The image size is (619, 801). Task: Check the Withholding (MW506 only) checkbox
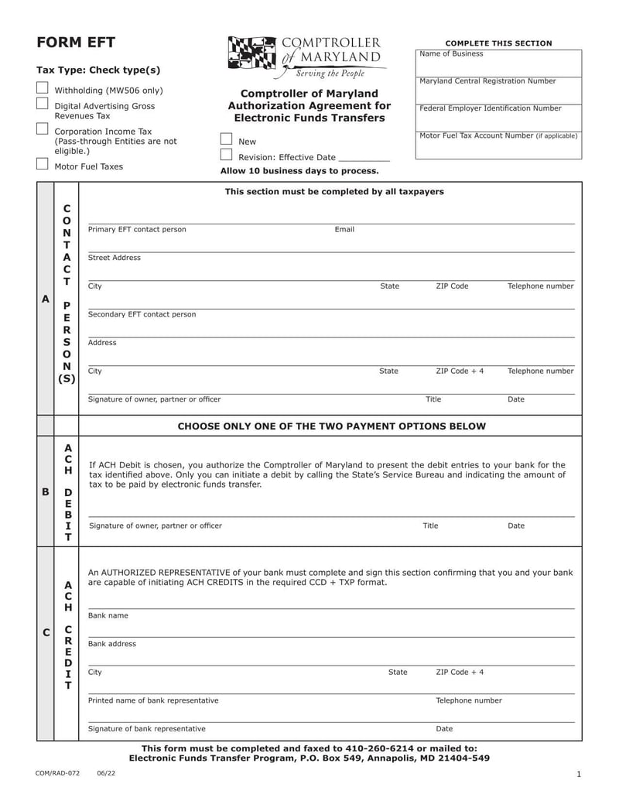42,88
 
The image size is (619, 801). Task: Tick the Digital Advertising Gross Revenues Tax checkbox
42,104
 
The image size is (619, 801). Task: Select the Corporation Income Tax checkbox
42,129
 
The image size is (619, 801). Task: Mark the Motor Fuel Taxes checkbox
42,163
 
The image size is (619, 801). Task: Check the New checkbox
226,139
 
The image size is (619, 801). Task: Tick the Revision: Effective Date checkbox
226,155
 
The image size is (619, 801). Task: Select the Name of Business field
498,63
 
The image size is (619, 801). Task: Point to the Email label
344,230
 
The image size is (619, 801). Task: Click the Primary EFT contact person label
137,230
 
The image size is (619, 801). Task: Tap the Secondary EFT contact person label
142,314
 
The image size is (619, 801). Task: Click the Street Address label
115,258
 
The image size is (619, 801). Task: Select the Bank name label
108,616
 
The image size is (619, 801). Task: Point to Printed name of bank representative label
153,700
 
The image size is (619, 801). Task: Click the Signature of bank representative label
147,729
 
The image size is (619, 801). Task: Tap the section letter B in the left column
46,491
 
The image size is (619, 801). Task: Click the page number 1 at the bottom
578,775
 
